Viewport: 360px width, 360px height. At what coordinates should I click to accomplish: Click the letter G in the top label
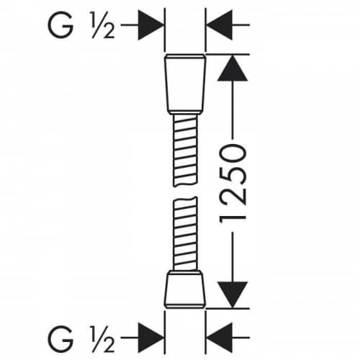click(60, 25)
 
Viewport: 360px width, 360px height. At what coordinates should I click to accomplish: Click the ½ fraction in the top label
click(103, 25)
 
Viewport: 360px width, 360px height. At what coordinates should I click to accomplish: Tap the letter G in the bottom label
click(60, 338)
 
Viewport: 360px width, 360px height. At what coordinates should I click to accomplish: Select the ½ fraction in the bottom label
click(103, 338)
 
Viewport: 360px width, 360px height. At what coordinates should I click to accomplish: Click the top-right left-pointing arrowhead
click(220, 25)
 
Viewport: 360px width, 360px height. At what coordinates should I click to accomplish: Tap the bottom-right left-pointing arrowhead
click(220, 338)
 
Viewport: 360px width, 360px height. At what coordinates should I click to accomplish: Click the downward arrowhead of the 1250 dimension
click(233, 294)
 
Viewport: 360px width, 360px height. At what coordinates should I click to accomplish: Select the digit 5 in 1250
click(233, 175)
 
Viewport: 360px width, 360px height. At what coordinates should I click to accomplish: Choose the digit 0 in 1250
click(233, 153)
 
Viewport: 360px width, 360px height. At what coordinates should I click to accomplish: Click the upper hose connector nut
click(185, 83)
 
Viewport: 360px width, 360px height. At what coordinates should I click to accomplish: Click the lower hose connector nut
click(185, 289)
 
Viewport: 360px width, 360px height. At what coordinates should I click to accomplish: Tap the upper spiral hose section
click(185, 150)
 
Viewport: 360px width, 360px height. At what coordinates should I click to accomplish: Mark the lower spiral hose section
click(185, 234)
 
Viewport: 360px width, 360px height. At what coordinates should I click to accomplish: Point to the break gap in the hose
click(185, 192)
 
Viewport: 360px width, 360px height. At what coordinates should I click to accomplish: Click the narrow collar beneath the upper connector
click(185, 113)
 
